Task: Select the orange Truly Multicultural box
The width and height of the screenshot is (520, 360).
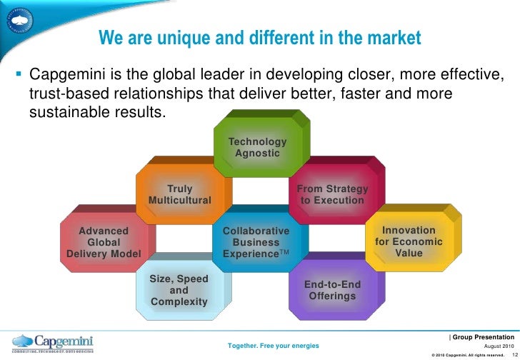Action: pos(179,194)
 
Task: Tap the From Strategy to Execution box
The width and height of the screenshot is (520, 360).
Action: pos(332,194)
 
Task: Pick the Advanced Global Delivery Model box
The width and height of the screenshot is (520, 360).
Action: pos(104,242)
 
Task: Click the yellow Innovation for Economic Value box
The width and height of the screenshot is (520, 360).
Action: pos(409,242)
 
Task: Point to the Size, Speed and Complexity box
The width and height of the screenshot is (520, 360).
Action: pos(179,289)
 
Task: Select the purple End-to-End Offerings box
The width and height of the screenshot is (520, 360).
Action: pos(332,290)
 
